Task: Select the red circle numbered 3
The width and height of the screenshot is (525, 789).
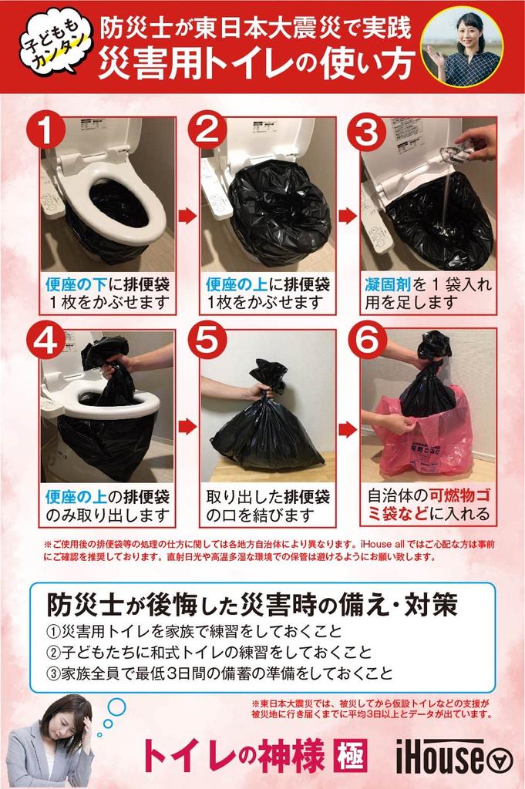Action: coord(366,132)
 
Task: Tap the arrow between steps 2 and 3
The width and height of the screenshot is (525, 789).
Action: coord(348,217)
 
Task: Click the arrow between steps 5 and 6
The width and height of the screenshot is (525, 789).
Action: coord(348,430)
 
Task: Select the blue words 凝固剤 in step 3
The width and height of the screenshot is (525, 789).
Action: coord(388,285)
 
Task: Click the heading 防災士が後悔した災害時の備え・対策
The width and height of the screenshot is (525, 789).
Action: coord(251,606)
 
